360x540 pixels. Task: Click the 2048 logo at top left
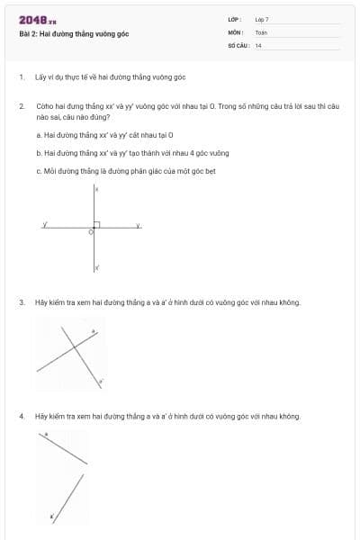coord(38,19)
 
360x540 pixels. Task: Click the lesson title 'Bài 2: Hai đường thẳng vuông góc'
coord(74,33)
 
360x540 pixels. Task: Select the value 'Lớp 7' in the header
coord(262,19)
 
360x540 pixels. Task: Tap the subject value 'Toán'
coord(261,31)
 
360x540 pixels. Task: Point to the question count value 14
coord(258,45)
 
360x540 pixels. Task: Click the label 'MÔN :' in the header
coord(237,31)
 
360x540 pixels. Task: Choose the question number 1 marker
coord(21,77)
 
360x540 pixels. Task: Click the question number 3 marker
coord(21,302)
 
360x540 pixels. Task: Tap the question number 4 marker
coord(21,417)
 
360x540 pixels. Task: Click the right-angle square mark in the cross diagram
coord(97,225)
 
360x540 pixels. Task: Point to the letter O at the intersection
coord(90,232)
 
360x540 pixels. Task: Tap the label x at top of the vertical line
coord(97,190)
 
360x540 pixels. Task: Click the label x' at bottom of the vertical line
coord(97,267)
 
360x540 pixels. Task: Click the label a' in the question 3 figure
coord(101,382)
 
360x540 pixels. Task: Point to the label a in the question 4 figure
coord(47,436)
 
